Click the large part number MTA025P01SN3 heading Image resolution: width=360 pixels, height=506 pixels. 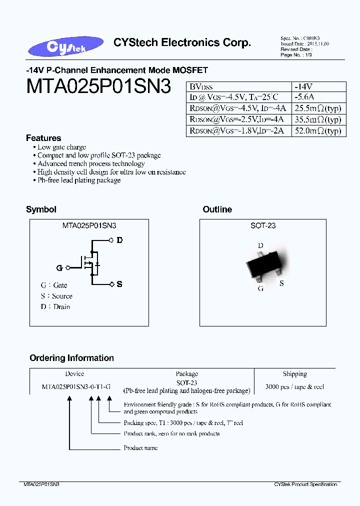98,86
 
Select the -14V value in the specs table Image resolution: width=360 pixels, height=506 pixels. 304,86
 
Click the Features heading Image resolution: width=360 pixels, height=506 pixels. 43,138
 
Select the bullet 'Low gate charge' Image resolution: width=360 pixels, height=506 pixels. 61,147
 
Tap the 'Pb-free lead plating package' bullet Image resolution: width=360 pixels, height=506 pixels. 79,180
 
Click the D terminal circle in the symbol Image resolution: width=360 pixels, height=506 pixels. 111,240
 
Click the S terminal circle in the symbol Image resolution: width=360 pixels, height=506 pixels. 111,284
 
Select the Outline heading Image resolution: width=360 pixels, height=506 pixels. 217,209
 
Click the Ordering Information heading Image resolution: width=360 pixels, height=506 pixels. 71,358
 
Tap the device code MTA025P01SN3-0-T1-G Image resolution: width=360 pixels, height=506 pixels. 76,386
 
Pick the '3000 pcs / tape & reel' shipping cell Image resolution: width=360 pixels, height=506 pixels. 294,386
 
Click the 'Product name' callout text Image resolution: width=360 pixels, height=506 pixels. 140,447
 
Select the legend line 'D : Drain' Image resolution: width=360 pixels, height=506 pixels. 55,306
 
